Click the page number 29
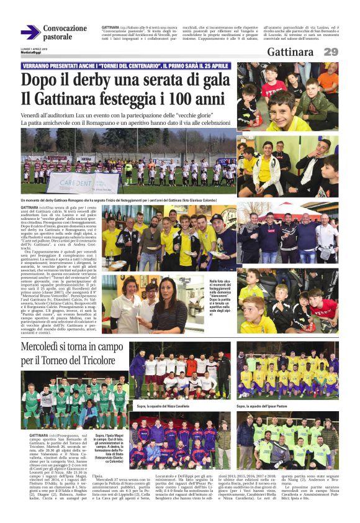point(331,52)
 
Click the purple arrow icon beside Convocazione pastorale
point(30,32)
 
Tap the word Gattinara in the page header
point(290,52)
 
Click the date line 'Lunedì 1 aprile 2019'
point(34,47)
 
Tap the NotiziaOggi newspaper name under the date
point(32,52)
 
